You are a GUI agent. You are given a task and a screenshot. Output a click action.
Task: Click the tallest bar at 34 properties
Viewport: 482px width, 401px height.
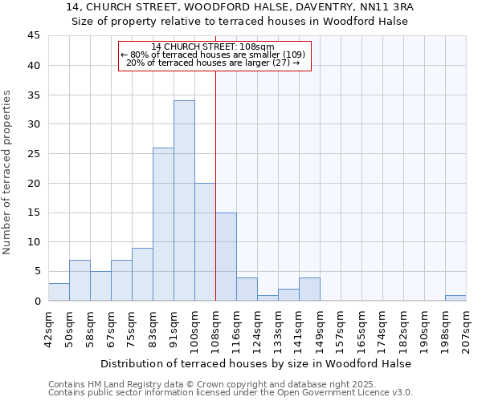pyautogui.click(x=184, y=200)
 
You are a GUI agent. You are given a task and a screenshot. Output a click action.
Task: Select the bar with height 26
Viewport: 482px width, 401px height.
pyautogui.click(x=163, y=225)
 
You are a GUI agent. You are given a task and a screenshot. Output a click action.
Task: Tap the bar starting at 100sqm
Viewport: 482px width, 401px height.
pyautogui.click(x=205, y=241)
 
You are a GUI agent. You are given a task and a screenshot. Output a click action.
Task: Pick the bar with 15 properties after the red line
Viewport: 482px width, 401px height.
pyautogui.click(x=226, y=257)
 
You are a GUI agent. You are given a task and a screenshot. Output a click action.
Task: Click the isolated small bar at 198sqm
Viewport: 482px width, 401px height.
pyautogui.click(x=455, y=298)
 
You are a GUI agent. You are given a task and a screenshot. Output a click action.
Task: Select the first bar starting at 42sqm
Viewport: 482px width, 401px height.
pyautogui.click(x=59, y=292)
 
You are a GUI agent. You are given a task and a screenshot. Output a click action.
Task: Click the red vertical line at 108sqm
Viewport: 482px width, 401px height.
pyautogui.click(x=215, y=184)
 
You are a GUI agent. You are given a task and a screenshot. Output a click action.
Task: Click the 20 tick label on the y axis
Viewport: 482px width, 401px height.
pyautogui.click(x=34, y=183)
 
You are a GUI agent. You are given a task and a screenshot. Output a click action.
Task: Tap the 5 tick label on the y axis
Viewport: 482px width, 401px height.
pyautogui.click(x=37, y=271)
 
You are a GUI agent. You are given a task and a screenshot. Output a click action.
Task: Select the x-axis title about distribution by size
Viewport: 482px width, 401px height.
pyautogui.click(x=257, y=363)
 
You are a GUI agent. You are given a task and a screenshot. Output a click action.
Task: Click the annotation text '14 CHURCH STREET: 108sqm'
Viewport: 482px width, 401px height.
pyautogui.click(x=213, y=47)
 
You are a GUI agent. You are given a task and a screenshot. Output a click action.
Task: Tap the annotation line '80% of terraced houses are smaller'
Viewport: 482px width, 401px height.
pyautogui.click(x=213, y=55)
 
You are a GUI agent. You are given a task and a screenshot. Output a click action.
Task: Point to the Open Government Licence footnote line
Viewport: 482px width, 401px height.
pyautogui.click(x=231, y=393)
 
